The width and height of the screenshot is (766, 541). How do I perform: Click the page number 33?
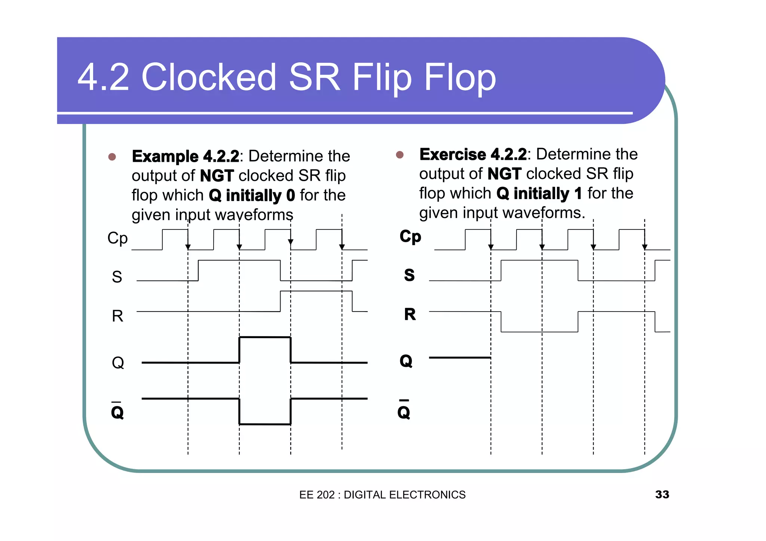(662, 494)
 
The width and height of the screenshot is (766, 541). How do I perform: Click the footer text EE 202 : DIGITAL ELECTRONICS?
(382, 495)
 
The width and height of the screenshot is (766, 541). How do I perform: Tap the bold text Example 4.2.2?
(186, 156)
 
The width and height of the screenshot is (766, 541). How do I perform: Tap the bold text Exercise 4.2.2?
(473, 154)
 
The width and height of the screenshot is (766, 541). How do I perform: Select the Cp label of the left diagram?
(117, 238)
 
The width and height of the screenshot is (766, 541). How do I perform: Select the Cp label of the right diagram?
(410, 237)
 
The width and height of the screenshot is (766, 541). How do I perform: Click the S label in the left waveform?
(117, 277)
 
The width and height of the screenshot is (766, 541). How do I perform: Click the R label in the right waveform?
(410, 314)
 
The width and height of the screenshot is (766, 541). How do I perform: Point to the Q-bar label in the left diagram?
(117, 411)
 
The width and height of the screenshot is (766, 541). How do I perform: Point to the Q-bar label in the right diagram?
(404, 411)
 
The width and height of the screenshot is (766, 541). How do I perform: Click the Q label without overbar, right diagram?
(406, 361)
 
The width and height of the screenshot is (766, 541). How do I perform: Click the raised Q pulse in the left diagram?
(265, 337)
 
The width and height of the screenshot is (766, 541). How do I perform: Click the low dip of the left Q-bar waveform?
(265, 424)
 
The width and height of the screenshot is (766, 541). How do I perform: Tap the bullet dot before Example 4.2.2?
(112, 157)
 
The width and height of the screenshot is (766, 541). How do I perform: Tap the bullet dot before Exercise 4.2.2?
(399, 155)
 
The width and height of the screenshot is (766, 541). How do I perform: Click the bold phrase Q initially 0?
(252, 195)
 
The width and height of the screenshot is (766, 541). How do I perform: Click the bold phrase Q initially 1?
(539, 194)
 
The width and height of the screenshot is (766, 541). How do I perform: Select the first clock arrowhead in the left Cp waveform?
(188, 247)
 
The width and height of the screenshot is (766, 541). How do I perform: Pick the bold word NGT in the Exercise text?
(504, 174)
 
